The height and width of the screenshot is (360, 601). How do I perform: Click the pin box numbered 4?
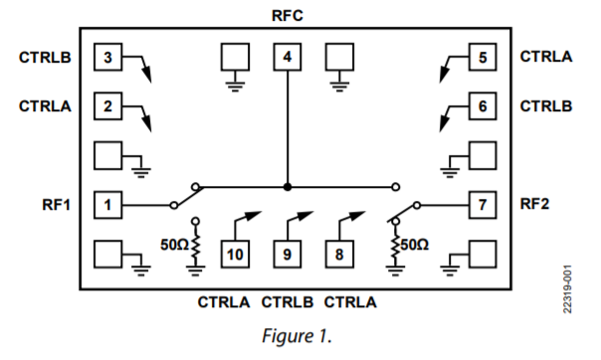pos(288,58)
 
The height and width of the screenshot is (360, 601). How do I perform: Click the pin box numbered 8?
pos(339,255)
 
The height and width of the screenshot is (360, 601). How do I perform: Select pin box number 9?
pos(288,255)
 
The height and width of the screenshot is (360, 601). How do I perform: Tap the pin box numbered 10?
pos(236,255)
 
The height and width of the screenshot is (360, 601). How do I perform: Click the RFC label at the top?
pos(288,17)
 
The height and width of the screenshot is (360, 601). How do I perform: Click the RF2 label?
pos(535,206)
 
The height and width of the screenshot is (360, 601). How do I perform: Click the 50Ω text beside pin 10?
pos(174,241)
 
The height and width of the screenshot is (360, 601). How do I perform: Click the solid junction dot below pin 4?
pos(288,186)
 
